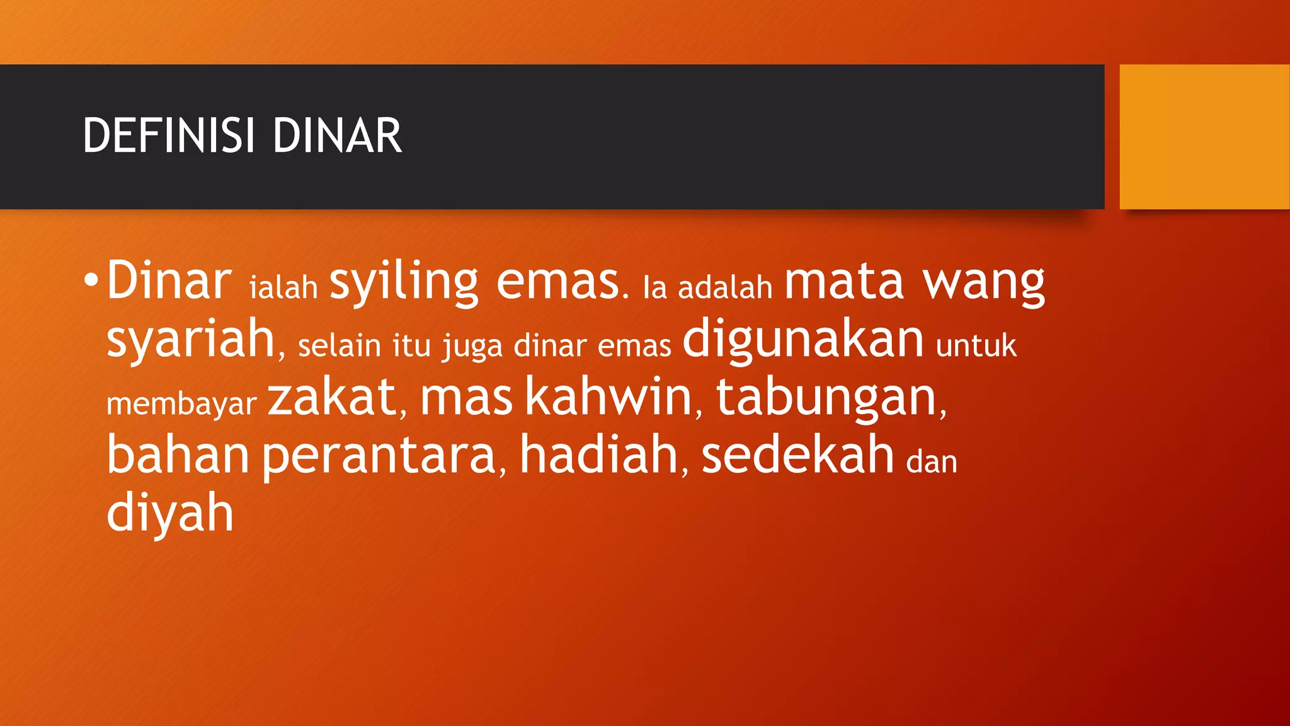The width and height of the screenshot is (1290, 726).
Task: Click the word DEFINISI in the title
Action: (169, 135)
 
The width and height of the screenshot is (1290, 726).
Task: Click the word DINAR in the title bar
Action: (337, 135)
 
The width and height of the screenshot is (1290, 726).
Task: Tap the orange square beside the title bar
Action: (1204, 136)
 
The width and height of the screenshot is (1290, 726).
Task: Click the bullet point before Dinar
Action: (91, 279)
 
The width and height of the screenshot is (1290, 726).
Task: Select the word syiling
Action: (404, 282)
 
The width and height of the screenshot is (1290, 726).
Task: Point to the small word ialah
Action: (283, 288)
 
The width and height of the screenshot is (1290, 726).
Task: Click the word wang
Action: (984, 283)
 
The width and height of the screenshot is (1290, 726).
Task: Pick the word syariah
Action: (191, 339)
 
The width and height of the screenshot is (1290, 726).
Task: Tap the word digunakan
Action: (803, 339)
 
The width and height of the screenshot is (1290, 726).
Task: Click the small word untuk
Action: (976, 345)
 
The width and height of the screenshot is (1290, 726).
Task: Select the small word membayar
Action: (181, 404)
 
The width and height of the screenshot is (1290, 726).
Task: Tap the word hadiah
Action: (598, 455)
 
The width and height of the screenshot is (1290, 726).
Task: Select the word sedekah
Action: (797, 455)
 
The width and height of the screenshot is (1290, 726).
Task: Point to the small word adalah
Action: (725, 288)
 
